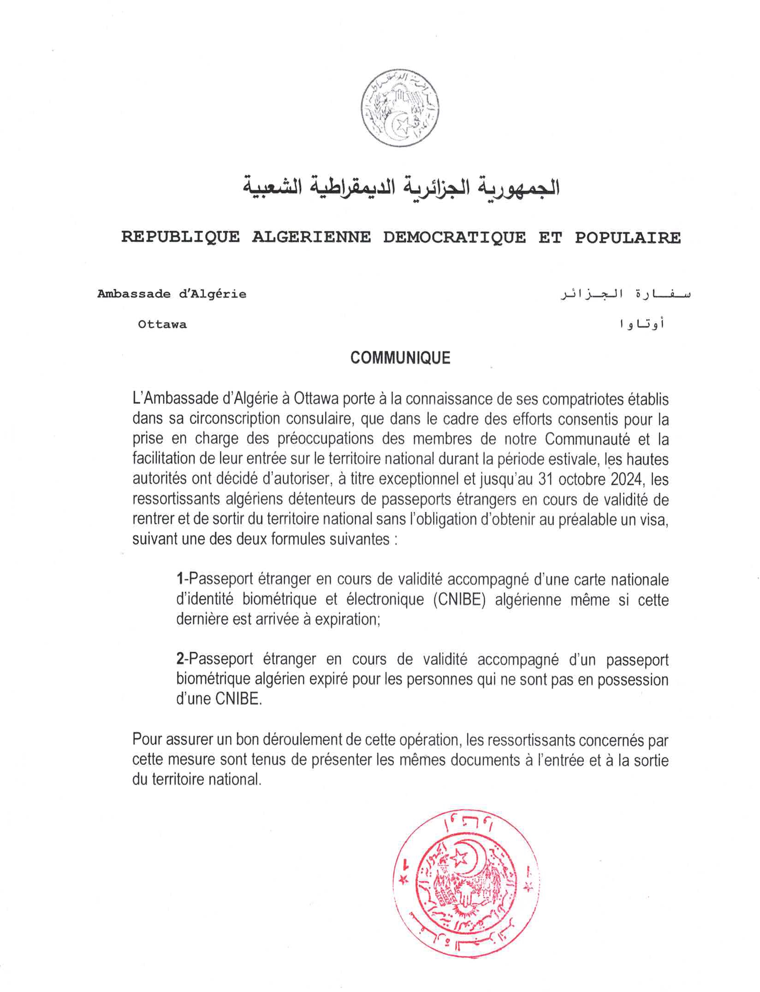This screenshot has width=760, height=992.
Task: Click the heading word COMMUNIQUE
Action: pos(400,358)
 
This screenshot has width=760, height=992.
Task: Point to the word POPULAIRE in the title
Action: pos(628,237)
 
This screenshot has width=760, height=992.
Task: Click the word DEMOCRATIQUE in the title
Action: pos(454,237)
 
